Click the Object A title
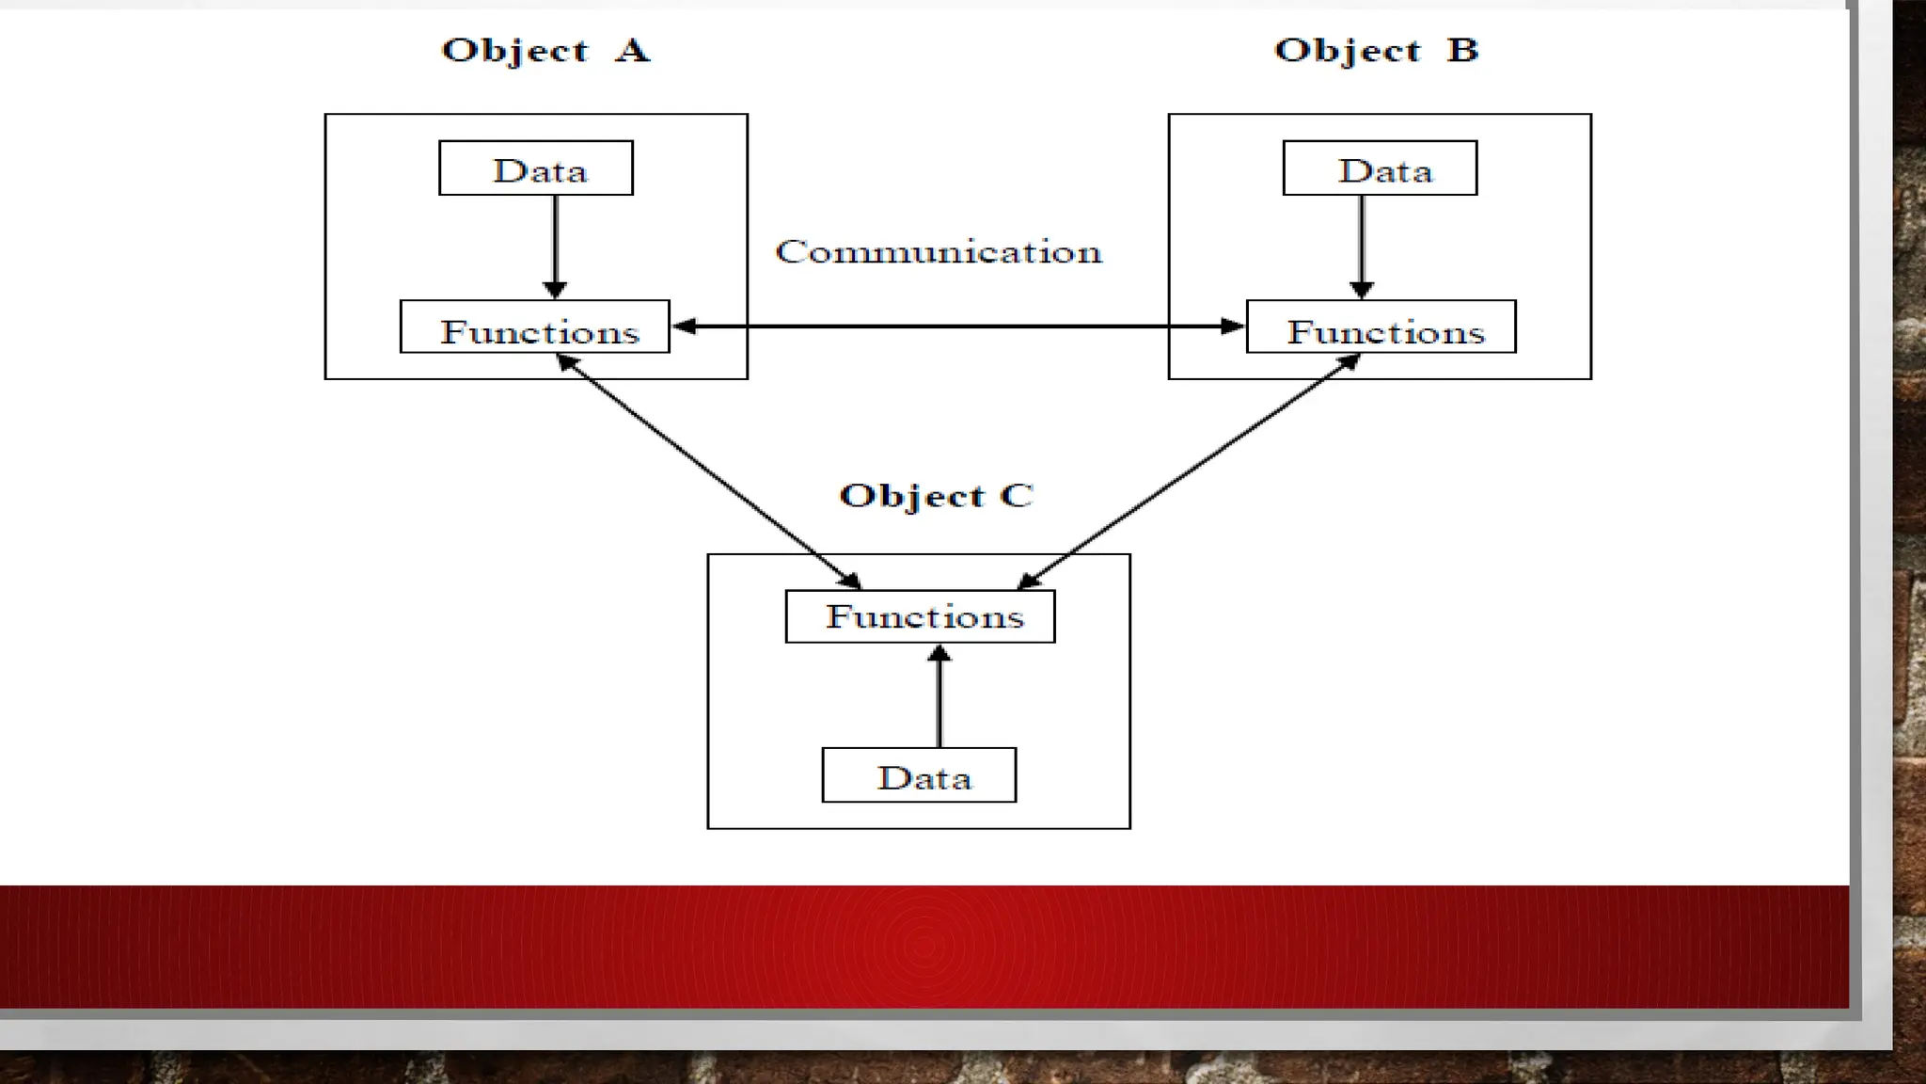[545, 50]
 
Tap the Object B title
[1376, 50]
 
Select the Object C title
[936, 495]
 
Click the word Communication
[939, 251]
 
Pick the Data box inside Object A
[536, 168]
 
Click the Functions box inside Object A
[535, 327]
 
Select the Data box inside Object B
[1380, 168]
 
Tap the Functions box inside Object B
[1381, 327]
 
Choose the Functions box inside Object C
[920, 617]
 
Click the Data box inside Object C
[919, 775]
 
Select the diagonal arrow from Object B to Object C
[1190, 470]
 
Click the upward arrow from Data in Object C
[939, 696]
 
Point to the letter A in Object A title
[632, 50]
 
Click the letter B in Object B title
[1462, 50]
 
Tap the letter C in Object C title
[1017, 495]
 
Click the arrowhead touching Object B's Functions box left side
[1233, 327]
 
